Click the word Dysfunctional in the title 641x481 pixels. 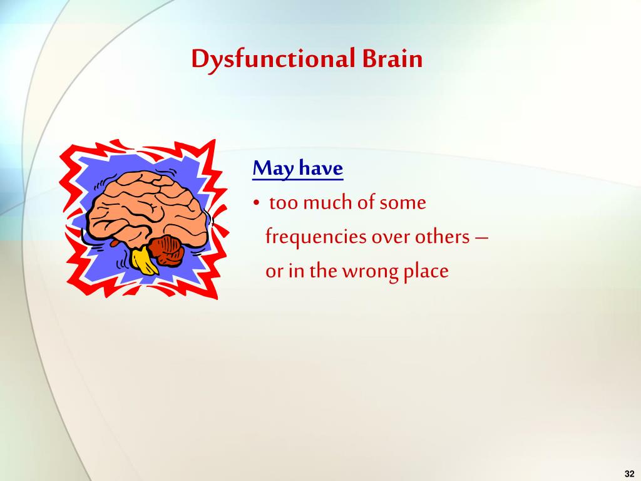click(274, 59)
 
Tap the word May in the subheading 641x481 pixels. click(274, 168)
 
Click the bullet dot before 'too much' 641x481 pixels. click(257, 204)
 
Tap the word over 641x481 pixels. click(390, 237)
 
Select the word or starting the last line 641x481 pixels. click(273, 272)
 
